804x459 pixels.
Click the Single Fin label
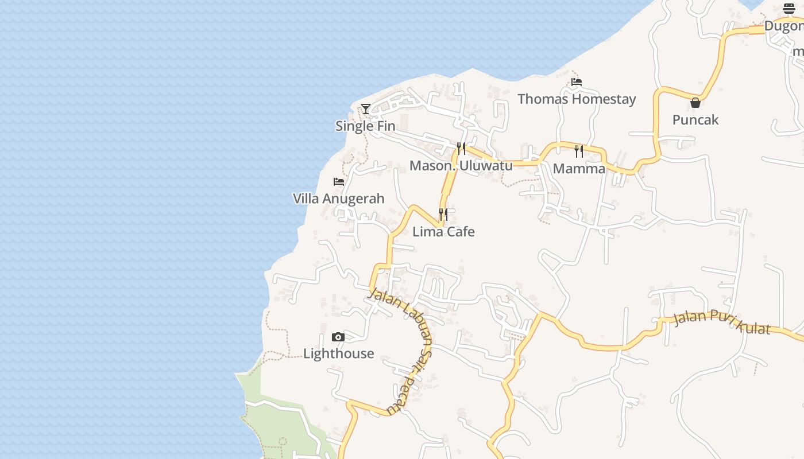pyautogui.click(x=365, y=126)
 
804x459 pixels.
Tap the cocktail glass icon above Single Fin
pyautogui.click(x=366, y=108)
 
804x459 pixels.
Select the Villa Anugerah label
pyautogui.click(x=339, y=199)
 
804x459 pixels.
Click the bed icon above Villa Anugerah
pyautogui.click(x=339, y=182)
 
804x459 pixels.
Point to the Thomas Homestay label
pyautogui.click(x=577, y=99)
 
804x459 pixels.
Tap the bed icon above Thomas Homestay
pyautogui.click(x=577, y=82)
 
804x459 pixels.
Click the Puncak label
pyautogui.click(x=695, y=120)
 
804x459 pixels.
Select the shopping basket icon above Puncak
pyautogui.click(x=695, y=103)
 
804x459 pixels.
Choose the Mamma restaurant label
pyautogui.click(x=579, y=169)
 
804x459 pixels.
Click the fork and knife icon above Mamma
pyautogui.click(x=579, y=151)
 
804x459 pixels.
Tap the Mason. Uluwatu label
pyautogui.click(x=461, y=166)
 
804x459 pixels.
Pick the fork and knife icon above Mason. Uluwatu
pyautogui.click(x=461, y=149)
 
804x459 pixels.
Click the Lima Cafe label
pyautogui.click(x=443, y=232)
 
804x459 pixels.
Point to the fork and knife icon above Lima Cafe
pyautogui.click(x=443, y=215)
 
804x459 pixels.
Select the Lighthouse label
pyautogui.click(x=338, y=353)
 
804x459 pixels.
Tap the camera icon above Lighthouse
pyautogui.click(x=338, y=337)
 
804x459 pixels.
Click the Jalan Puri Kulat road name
pyautogui.click(x=721, y=321)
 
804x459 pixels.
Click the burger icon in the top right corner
pyautogui.click(x=789, y=9)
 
